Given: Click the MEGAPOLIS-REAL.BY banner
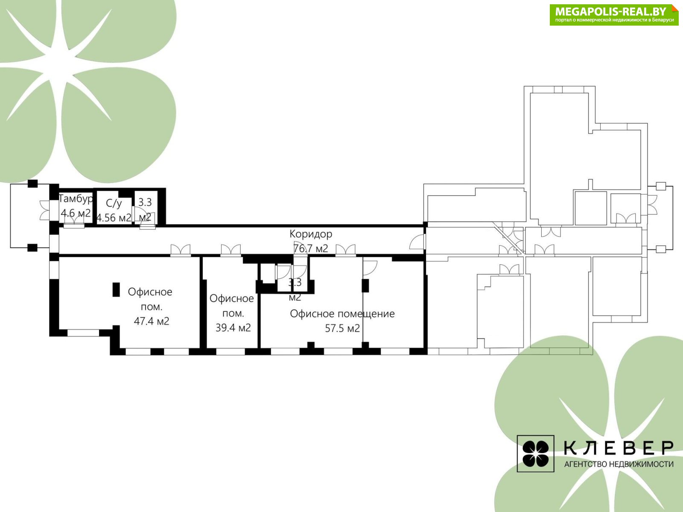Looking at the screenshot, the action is pos(614,15).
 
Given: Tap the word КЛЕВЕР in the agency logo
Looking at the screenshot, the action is pos(619,448).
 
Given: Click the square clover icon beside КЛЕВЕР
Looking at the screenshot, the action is pos(535,453).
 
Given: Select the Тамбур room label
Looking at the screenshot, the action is pos(76,199).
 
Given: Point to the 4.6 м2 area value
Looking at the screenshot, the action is pos(76,213).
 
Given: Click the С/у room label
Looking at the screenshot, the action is pos(114,203).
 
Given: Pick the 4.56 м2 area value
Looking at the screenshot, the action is pos(114,217).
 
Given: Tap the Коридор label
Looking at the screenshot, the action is pos(311,234).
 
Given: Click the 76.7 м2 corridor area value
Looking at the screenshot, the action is pos(311,249).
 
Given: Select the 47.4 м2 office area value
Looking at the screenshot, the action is pos(152,321).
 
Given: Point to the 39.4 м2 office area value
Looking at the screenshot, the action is pos(233,328).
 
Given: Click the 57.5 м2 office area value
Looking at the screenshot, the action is pos(342,328).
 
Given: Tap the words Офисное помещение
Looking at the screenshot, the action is pos(342,314).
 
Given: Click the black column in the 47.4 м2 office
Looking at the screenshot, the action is pos(116,290).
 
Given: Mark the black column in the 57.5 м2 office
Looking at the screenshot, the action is pos(365,286).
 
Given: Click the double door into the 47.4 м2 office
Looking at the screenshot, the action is pos(181,250).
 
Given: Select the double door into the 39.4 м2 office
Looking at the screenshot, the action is pos(231,250).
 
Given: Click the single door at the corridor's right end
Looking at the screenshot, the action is pos(417,242).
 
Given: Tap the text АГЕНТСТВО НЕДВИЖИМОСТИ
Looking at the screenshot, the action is pos(619,464).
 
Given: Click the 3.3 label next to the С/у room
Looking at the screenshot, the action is pos(145,202).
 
